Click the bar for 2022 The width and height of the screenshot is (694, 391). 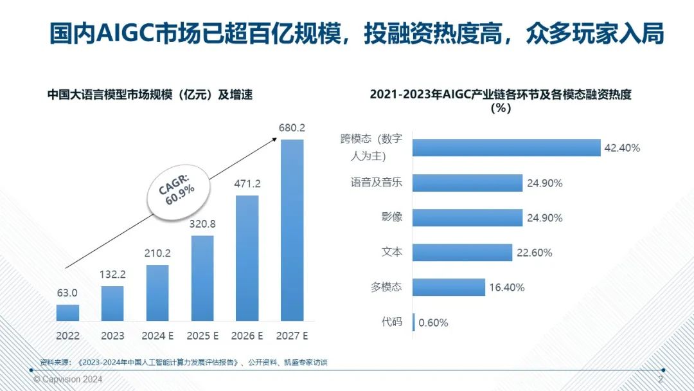pos(67,313)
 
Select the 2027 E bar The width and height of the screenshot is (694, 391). pos(292,230)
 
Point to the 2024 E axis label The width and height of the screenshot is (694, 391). pos(157,335)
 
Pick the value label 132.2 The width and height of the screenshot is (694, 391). pos(112,275)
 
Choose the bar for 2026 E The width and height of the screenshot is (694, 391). pos(247,258)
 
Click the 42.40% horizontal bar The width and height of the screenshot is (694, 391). pos(506,148)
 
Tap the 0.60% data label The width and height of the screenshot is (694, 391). pos(433,322)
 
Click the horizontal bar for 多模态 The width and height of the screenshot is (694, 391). pos(449,287)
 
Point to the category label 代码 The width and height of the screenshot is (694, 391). pos(392,322)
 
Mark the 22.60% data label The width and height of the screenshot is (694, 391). pos(534,253)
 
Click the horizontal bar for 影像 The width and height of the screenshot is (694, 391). pos(467,217)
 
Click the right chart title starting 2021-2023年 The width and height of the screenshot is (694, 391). pos(501,95)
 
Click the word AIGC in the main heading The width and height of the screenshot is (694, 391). pos(125,33)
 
